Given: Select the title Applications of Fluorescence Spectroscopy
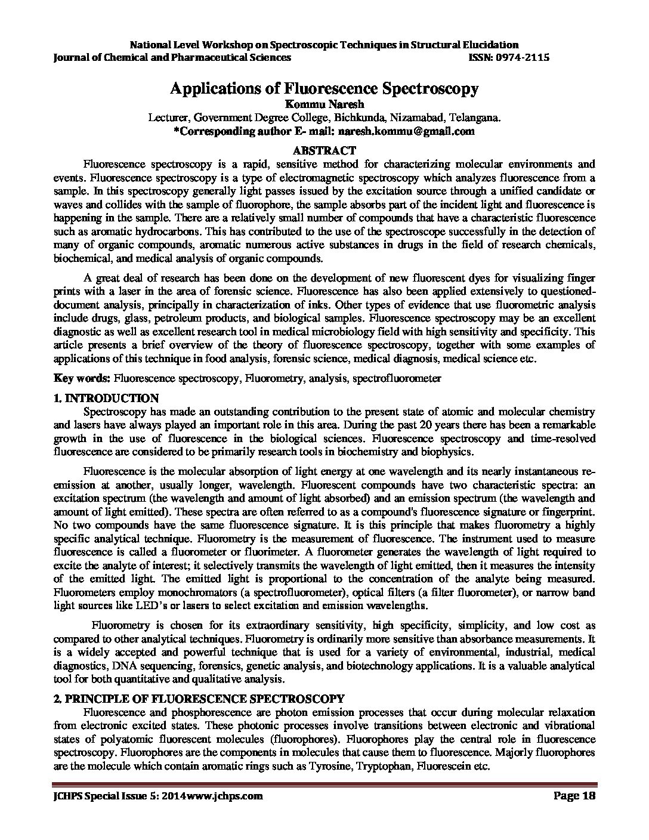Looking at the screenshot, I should coord(324,89).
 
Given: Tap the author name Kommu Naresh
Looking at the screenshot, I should coord(324,104).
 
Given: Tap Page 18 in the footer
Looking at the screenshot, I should coord(572,796).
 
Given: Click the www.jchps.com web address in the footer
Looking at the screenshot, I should coord(225,796).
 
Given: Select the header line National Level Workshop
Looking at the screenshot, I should coord(324,45).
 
